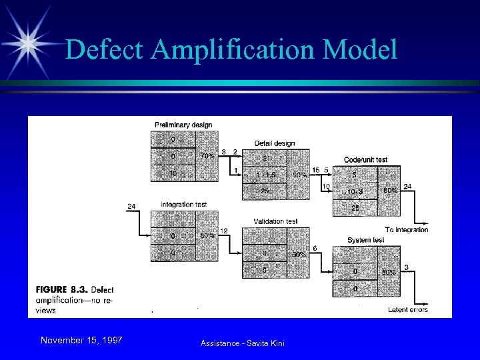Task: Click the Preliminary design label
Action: pyautogui.click(x=183, y=125)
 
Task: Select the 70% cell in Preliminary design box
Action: pyautogui.click(x=207, y=157)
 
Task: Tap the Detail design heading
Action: pyautogui.click(x=274, y=143)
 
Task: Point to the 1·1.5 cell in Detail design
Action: pyautogui.click(x=265, y=175)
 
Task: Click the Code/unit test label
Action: pyautogui.click(x=365, y=160)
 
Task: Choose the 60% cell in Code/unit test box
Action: pyautogui.click(x=390, y=190)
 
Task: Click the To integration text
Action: pyautogui.click(x=407, y=229)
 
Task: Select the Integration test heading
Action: pyautogui.click(x=184, y=204)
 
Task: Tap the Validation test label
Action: pyautogui.click(x=275, y=221)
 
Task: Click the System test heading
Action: pyautogui.click(x=365, y=240)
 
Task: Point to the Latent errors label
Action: pyautogui.click(x=408, y=309)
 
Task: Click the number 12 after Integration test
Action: pyautogui.click(x=225, y=231)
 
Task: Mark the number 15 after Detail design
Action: pyautogui.click(x=315, y=170)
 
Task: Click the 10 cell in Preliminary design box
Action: pyautogui.click(x=173, y=173)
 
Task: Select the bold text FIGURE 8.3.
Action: pyautogui.click(x=59, y=289)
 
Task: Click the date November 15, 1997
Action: pyautogui.click(x=81, y=341)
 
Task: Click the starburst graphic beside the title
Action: pyautogui.click(x=29, y=41)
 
